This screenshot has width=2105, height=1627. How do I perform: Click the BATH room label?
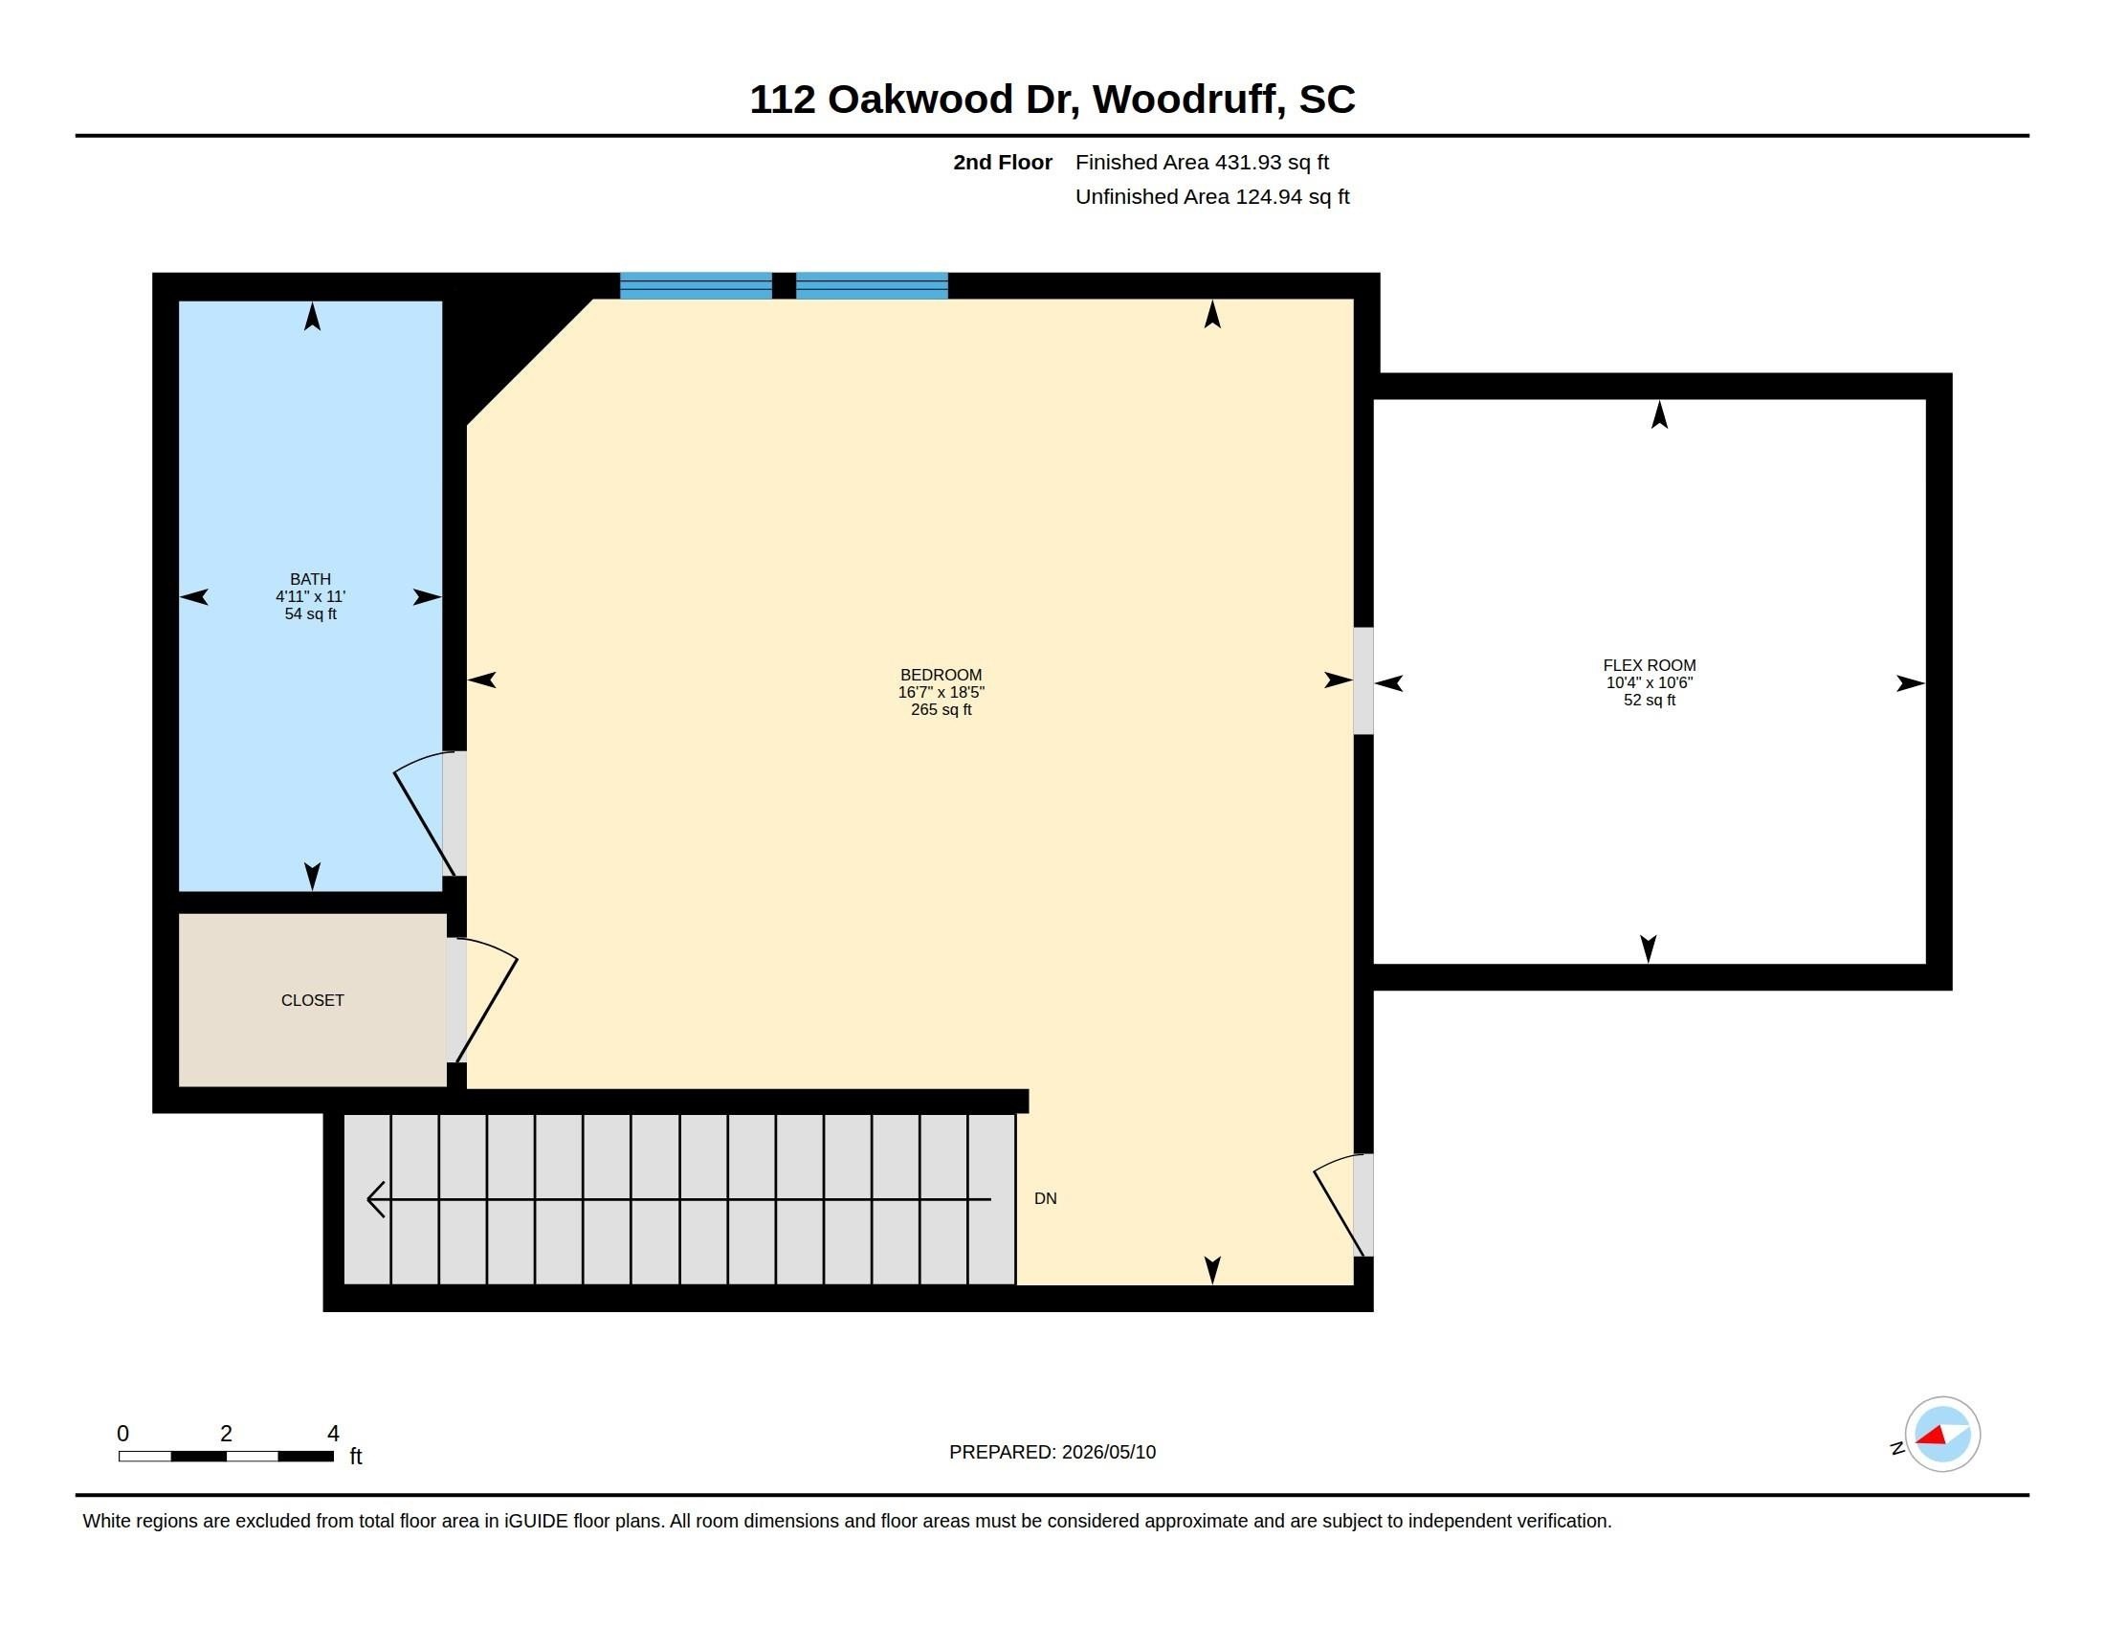[x=310, y=579]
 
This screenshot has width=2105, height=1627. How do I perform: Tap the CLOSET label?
[x=312, y=1000]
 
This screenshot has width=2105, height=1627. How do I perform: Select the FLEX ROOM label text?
[x=1650, y=665]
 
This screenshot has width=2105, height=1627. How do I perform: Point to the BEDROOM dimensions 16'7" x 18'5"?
[x=941, y=692]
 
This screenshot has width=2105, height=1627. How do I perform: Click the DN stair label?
[x=1046, y=1198]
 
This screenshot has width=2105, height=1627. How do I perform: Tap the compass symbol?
[x=1941, y=1435]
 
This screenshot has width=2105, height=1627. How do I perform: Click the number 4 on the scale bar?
[x=334, y=1434]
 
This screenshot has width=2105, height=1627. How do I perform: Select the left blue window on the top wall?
[x=696, y=286]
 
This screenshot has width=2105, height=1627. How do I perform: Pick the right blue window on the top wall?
[x=873, y=286]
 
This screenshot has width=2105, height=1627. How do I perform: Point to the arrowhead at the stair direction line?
[x=376, y=1199]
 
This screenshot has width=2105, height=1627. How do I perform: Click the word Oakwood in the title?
[x=920, y=100]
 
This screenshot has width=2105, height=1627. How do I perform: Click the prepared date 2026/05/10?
[x=1108, y=1452]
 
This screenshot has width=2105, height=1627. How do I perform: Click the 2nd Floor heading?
[x=1003, y=162]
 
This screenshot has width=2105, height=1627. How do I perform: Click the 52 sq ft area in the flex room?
[x=1650, y=700]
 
